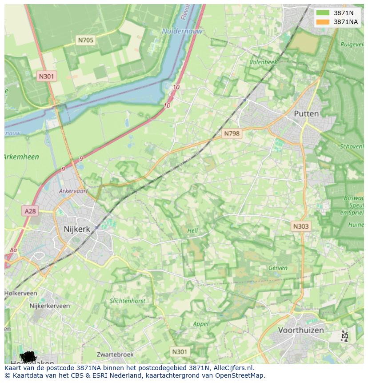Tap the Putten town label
tap(306, 113)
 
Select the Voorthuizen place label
tap(301, 330)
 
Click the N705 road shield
tap(86, 40)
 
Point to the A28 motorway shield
tap(30, 211)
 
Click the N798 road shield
tap(232, 133)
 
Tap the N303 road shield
tap(301, 226)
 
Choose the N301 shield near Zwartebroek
tap(180, 351)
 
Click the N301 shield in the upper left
tap(46, 76)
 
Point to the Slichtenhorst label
tap(128, 301)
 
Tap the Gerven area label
tap(278, 268)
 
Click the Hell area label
tap(192, 230)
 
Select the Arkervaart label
tap(74, 191)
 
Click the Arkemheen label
tap(21, 157)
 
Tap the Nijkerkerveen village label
tap(49, 306)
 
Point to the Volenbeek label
tap(263, 62)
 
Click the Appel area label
tap(201, 324)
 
